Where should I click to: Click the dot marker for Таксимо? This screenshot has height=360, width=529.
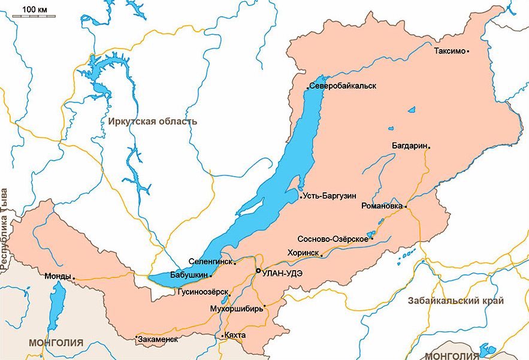click(468, 51)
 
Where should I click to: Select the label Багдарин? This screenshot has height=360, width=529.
click(409, 146)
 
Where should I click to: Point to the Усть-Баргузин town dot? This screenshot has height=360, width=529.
click(300, 196)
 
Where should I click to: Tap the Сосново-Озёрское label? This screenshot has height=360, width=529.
click(338, 239)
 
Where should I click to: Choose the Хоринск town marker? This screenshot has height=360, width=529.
click(322, 256)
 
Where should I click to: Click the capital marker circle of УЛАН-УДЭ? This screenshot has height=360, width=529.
click(258, 271)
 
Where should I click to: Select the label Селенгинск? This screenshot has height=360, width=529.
click(210, 262)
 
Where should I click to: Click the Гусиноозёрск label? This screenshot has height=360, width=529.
click(202, 292)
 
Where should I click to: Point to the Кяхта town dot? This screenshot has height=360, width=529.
click(222, 336)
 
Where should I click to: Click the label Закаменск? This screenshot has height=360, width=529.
click(158, 339)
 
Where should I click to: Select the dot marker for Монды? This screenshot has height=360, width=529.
click(74, 277)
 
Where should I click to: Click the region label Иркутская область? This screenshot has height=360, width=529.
click(153, 122)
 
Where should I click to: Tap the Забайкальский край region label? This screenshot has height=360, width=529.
click(455, 301)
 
